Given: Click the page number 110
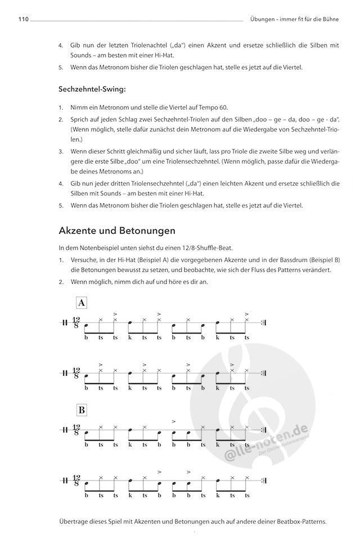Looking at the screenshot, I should pyautogui.click(x=22, y=20).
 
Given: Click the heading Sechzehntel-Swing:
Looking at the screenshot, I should pyautogui.click(x=92, y=88).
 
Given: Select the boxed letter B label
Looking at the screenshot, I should pyautogui.click(x=82, y=409).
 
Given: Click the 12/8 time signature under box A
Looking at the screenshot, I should pyautogui.click(x=76, y=324).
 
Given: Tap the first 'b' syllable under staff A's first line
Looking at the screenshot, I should pyautogui.click(x=86, y=337).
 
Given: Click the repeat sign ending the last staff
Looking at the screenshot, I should pyautogui.click(x=264, y=482).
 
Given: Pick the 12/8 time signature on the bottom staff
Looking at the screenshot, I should pyautogui.click(x=76, y=482).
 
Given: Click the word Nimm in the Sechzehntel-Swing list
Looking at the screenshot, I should pyautogui.click(x=79, y=107).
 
